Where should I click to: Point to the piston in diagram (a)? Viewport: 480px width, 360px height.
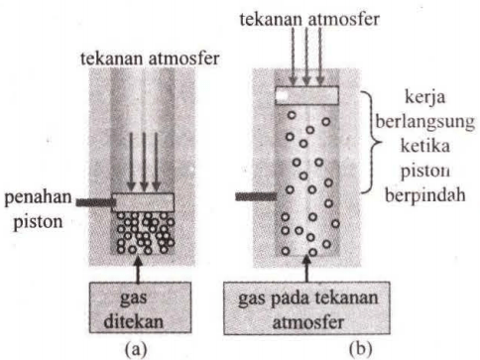(144, 201)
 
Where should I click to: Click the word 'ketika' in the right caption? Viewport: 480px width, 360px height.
(425, 146)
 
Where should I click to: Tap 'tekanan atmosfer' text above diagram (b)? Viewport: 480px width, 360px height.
(303, 17)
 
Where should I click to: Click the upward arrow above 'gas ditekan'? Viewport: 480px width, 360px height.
(145, 268)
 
